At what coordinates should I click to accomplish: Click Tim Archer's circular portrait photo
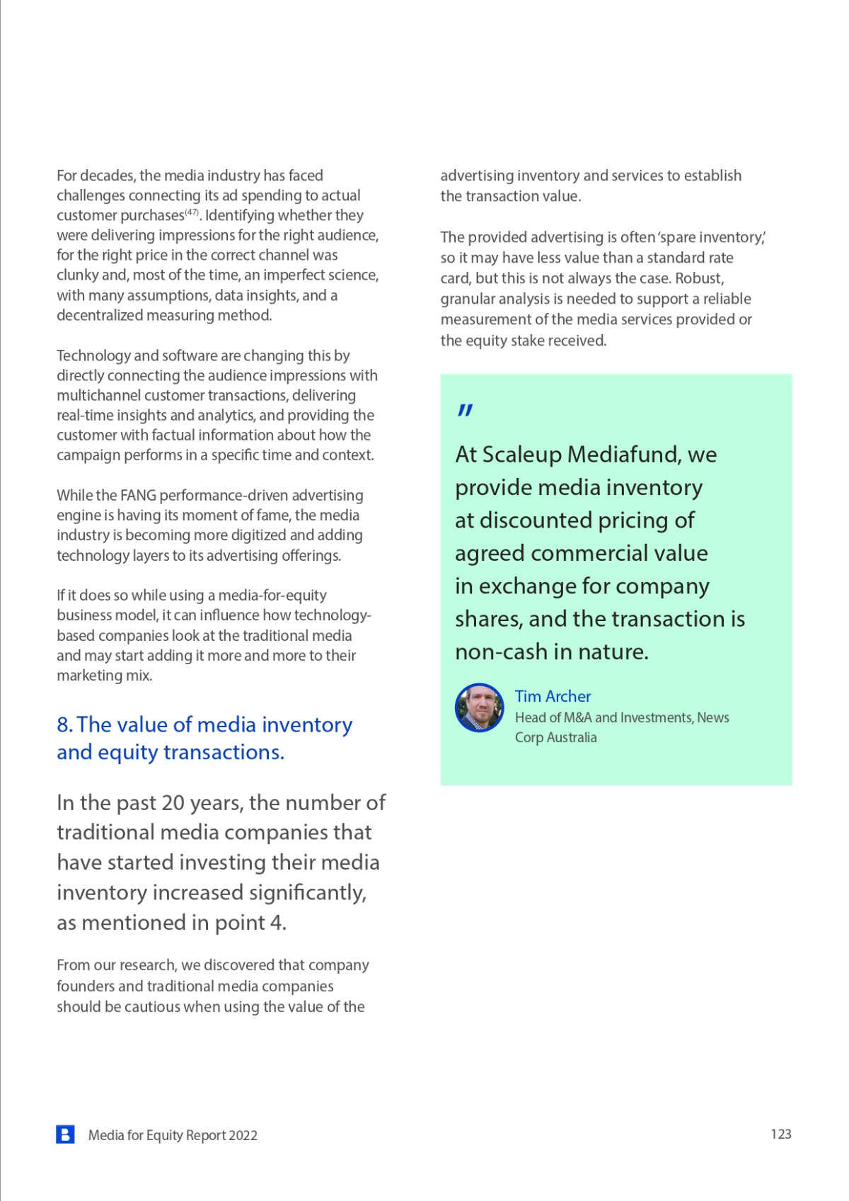click(x=479, y=707)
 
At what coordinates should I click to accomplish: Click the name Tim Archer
click(x=553, y=696)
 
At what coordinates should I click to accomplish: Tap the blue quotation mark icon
click(x=465, y=410)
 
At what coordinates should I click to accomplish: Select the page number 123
click(x=780, y=1134)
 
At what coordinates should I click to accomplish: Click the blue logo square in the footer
click(x=65, y=1134)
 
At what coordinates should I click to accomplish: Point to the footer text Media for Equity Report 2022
click(x=173, y=1135)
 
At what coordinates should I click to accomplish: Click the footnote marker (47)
click(x=192, y=212)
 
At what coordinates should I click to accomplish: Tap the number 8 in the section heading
click(x=64, y=724)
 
